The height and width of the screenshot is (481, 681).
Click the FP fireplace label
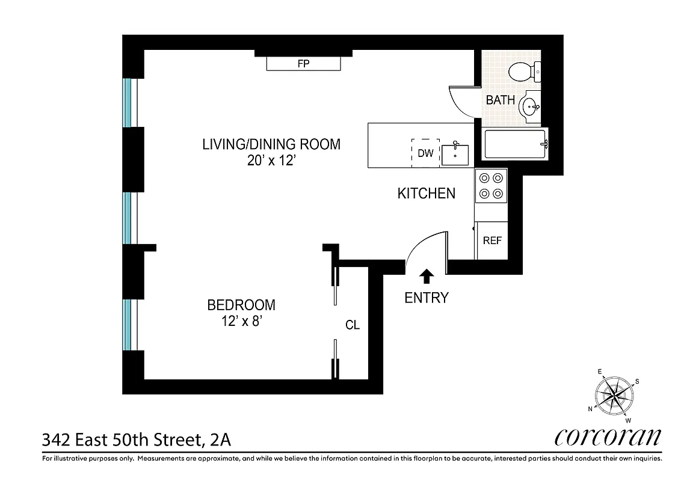pos(303,63)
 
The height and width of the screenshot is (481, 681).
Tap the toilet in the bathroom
pos(522,73)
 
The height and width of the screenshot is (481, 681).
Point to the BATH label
pos(500,100)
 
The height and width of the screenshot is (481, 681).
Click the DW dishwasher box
pos(425,153)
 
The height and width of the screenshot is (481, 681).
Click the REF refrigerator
pos(491,240)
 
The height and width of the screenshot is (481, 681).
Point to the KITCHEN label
pos(426,194)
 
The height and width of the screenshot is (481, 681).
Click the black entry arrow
pos(427,275)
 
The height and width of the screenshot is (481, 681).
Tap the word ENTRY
pos(427,298)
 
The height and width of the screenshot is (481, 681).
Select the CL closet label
pos(353,325)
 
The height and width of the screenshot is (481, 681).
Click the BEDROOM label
pos(241,305)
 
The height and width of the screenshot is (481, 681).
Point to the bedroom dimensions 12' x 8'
pos(241,322)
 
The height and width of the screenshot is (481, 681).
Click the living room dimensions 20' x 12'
pos(271,161)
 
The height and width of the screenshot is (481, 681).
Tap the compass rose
pos(614,395)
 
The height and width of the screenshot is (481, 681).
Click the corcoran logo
pos(607,437)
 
